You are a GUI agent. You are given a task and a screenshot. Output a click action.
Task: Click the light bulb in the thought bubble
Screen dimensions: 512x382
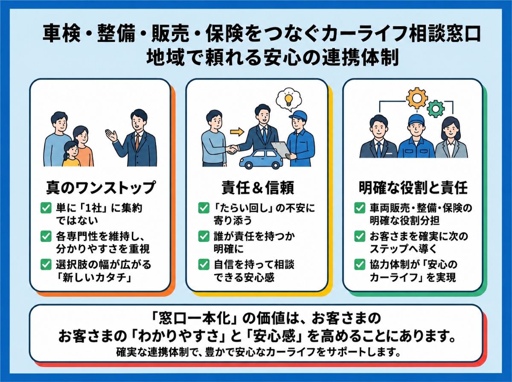click(x=288, y=99)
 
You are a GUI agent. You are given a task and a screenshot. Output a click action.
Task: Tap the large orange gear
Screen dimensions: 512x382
click(x=417, y=98)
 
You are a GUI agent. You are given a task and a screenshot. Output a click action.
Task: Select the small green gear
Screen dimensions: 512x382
click(x=436, y=108)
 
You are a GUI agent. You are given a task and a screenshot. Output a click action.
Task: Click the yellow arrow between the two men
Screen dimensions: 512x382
click(x=237, y=132)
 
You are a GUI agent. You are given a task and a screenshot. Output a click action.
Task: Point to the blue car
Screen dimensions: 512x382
click(x=261, y=159)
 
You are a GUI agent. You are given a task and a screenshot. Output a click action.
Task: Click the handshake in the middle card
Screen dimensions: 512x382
click(x=232, y=149)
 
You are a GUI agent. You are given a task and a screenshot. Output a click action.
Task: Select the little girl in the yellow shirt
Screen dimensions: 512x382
click(x=71, y=154)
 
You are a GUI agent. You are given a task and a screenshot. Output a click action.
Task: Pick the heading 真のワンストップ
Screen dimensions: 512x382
click(x=101, y=187)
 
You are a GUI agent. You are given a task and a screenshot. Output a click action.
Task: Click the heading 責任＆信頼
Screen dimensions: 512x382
click(x=258, y=188)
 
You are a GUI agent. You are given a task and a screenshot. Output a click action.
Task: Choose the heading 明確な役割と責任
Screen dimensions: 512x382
click(x=413, y=188)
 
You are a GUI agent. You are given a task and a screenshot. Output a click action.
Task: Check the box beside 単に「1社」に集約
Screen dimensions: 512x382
click(x=46, y=208)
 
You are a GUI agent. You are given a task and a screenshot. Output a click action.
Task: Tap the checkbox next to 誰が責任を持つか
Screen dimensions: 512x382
click(x=204, y=236)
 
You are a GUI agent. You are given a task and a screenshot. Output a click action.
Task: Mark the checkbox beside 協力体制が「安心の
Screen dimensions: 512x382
click(x=360, y=265)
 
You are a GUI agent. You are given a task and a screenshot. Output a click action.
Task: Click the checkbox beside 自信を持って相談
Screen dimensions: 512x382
click(x=204, y=265)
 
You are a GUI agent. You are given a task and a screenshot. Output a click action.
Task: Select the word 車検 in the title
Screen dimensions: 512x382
click(x=61, y=34)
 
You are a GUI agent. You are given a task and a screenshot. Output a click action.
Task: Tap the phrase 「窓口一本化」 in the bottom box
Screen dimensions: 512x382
click(x=195, y=318)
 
